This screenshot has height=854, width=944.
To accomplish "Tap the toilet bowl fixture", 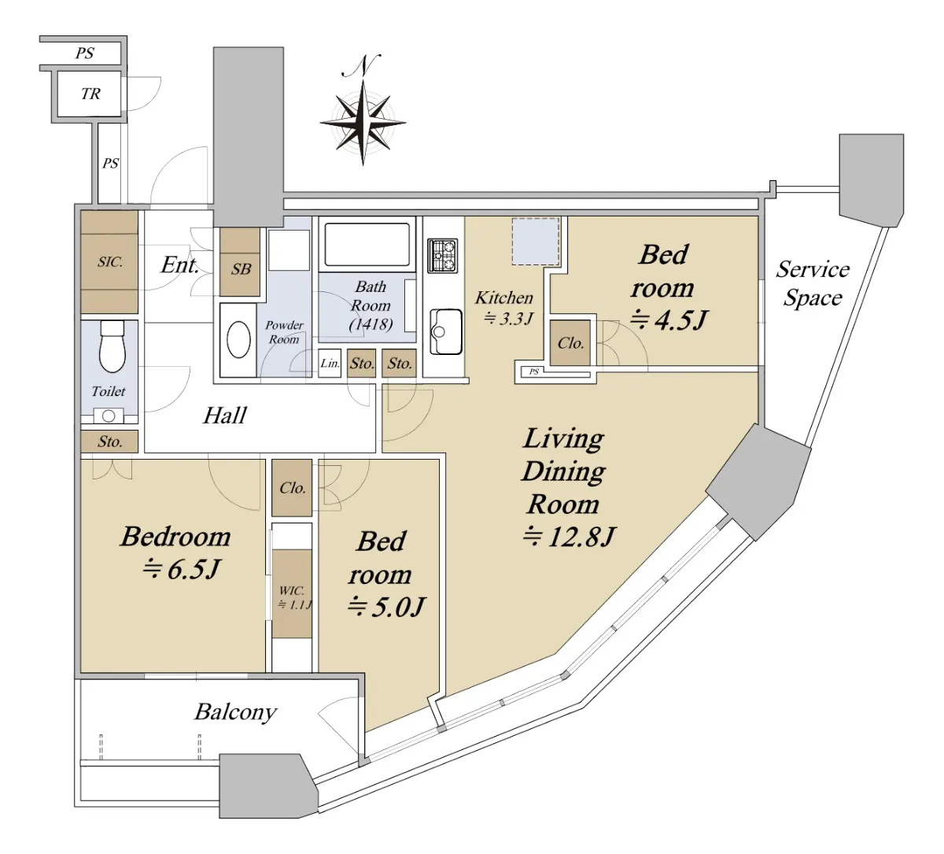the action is [112, 346].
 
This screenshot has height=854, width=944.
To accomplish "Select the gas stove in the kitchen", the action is [442, 255].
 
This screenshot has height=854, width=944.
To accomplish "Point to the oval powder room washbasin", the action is [238, 339].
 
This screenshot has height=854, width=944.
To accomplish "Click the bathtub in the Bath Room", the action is [367, 245].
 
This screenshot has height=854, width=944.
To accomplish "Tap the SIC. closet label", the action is [110, 262].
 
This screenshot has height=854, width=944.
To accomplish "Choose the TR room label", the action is [90, 94].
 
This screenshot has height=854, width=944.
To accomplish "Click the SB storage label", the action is [241, 269].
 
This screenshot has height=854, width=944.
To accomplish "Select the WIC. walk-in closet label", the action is [292, 590].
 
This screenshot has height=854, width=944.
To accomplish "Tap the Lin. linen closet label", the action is [330, 363].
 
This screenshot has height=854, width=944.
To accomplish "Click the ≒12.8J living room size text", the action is [569, 537].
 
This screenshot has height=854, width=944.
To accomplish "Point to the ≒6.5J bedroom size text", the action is [181, 569].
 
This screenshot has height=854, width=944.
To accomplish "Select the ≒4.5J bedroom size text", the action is [668, 320].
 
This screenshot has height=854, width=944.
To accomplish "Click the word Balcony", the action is [235, 712].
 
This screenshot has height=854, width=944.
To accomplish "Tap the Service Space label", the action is [813, 283].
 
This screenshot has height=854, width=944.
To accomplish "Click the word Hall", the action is [224, 416].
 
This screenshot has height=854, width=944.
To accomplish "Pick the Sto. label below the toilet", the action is [110, 442].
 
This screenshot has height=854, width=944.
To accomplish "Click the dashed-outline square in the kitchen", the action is [536, 241].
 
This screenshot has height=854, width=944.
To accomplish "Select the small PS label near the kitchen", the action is [533, 372].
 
